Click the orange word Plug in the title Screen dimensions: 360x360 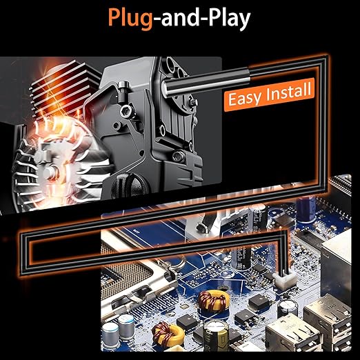coord(130,19)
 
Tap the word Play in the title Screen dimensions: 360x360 coord(229,19)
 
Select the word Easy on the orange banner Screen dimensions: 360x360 coord(244,98)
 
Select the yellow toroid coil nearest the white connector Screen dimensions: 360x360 coord(214,300)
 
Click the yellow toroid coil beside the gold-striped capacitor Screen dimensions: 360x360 coord(169,332)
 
